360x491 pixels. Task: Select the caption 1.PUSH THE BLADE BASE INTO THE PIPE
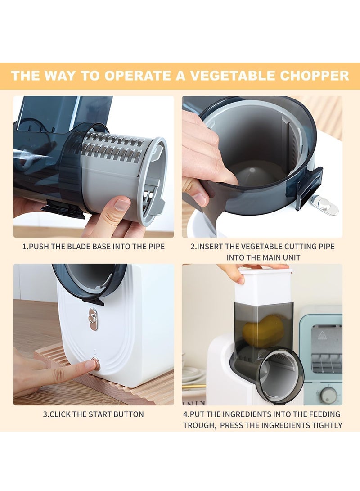tap(94, 247)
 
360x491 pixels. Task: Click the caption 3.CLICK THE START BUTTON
tap(94, 414)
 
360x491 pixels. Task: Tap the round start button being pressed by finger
tap(96, 364)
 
